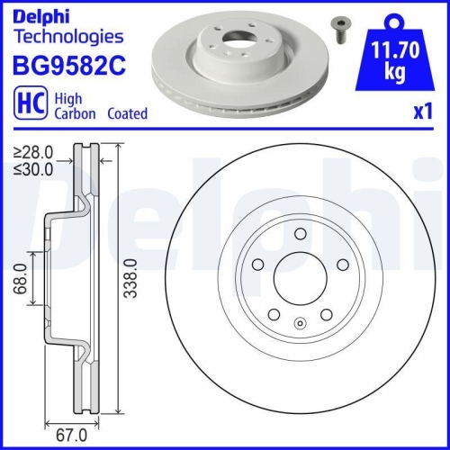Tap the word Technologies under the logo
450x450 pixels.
tap(69, 37)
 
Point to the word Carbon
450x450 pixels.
tap(77, 114)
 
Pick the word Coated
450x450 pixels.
tap(128, 114)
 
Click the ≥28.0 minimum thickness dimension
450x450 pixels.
tap(33, 153)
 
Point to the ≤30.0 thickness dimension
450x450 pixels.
tap(33, 167)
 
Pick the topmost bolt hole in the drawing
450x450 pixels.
tap(298, 234)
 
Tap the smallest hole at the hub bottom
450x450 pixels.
tap(299, 321)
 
